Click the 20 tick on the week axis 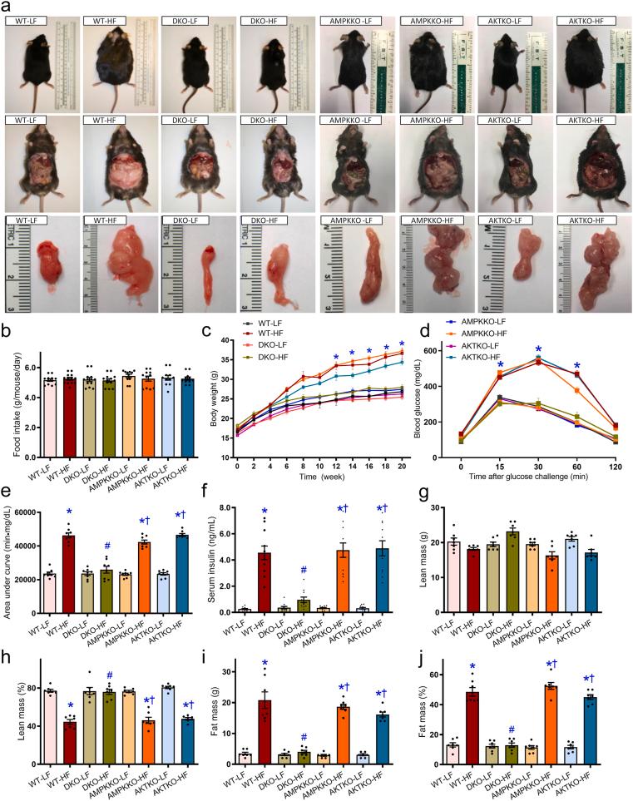coord(402,462)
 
